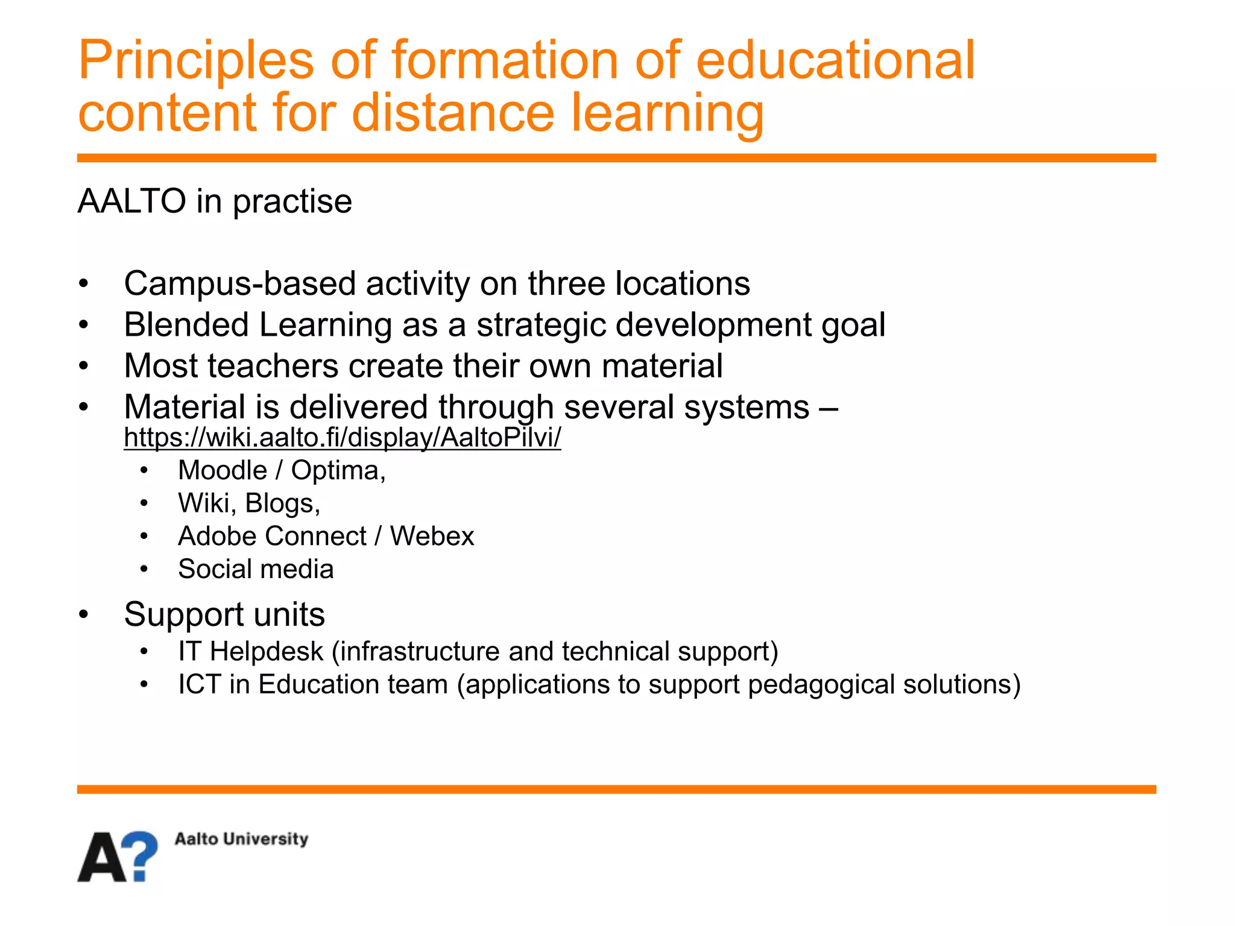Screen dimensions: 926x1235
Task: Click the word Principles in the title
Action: click(x=196, y=61)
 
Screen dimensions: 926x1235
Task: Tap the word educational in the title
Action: click(x=835, y=60)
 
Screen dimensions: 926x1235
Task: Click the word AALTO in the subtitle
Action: click(x=131, y=201)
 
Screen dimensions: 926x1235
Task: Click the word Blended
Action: click(x=186, y=325)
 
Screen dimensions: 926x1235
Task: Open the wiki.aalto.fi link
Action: click(x=342, y=438)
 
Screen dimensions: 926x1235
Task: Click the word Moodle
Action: click(x=222, y=471)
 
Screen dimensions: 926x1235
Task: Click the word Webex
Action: click(x=432, y=537)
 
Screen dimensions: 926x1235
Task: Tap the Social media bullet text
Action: click(x=256, y=570)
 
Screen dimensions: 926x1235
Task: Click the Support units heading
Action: click(x=224, y=615)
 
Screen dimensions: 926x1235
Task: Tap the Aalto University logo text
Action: click(x=241, y=839)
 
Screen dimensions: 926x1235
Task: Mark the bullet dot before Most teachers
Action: click(x=84, y=366)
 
